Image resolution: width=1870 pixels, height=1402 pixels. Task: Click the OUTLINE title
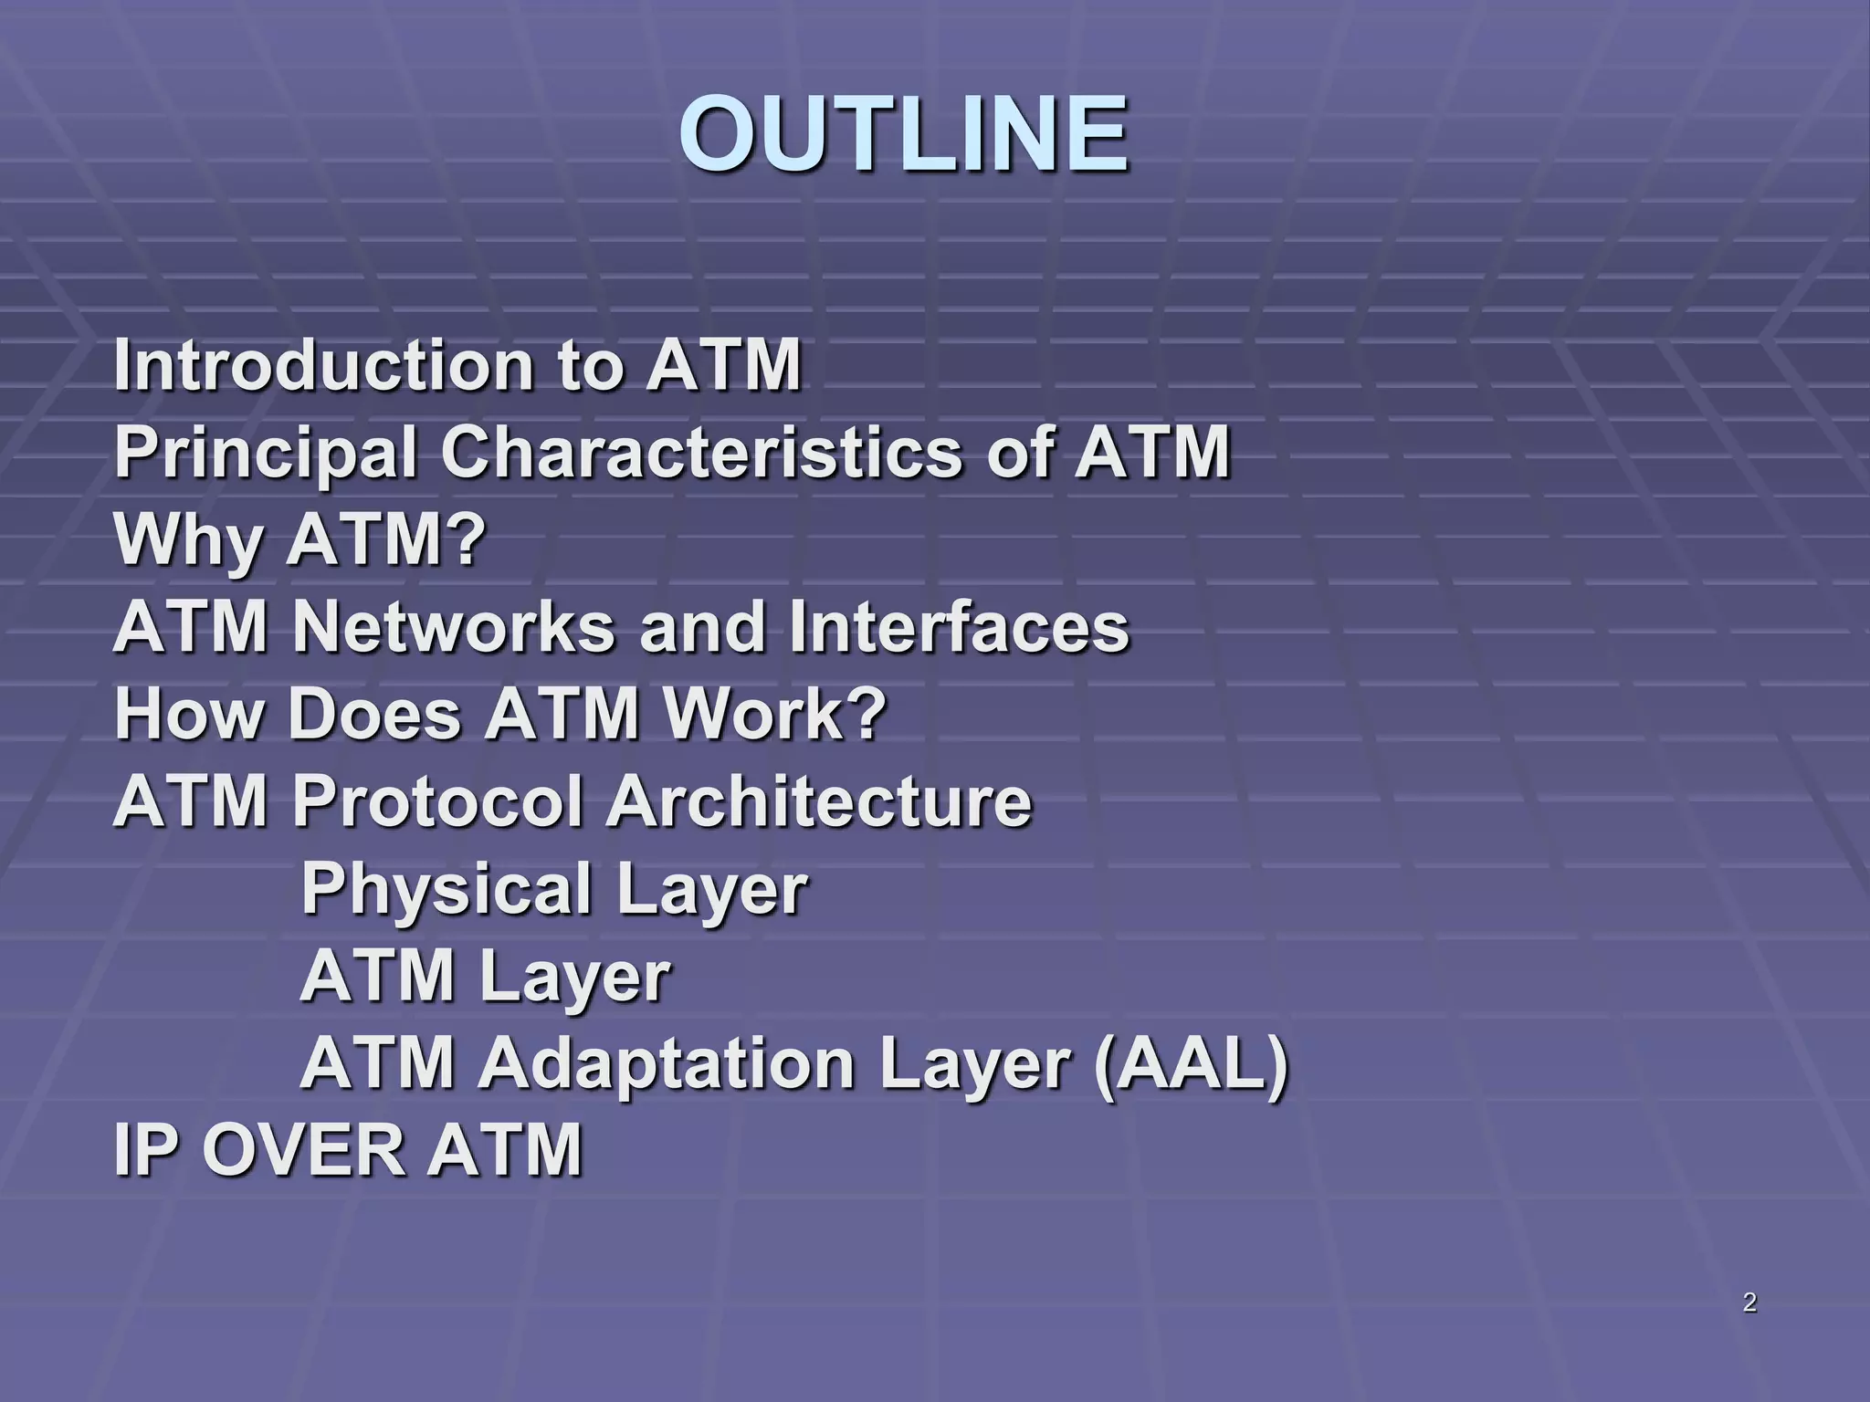pos(904,135)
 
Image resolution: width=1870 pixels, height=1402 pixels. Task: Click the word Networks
pos(454,627)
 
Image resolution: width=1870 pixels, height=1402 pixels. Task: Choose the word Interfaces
pos(959,627)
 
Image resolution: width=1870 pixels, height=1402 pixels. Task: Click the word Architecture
pos(819,801)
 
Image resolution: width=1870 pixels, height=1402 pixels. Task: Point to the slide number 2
pos(1749,1303)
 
